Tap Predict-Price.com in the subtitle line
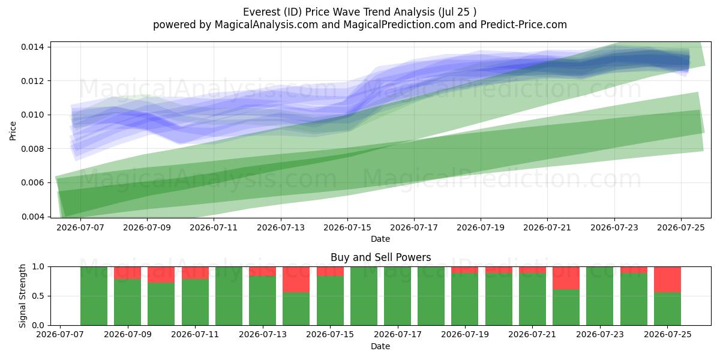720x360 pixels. tap(524, 25)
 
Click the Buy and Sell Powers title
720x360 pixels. tap(380, 257)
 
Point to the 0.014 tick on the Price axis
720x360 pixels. tap(32, 47)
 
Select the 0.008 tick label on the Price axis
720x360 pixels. tap(32, 149)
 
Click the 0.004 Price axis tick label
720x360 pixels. tap(32, 217)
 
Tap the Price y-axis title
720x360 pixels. tap(13, 131)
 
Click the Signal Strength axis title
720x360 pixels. tap(22, 296)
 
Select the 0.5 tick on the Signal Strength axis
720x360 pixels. tap(38, 296)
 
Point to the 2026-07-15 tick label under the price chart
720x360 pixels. tap(347, 228)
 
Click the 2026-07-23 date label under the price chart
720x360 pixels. tap(614, 228)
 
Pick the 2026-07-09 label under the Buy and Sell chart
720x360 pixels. tap(128, 335)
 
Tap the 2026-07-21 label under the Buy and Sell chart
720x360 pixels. tap(532, 335)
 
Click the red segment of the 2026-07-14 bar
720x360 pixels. tap(296, 280)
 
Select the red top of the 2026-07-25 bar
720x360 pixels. tap(667, 280)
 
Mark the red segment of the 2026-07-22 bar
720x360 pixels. tap(566, 278)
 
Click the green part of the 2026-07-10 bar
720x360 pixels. tap(161, 304)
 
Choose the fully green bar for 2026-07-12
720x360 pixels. tap(229, 296)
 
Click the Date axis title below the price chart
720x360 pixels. tap(380, 239)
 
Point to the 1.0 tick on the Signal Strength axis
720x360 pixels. tap(38, 267)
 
